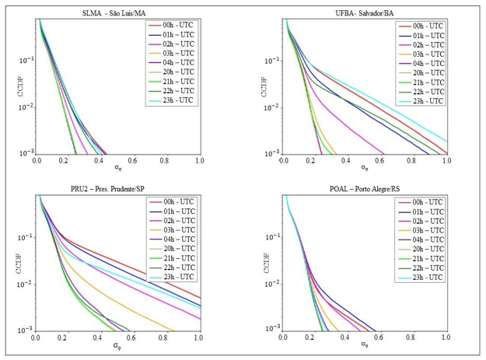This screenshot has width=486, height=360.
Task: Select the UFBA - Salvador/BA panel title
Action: [365, 11]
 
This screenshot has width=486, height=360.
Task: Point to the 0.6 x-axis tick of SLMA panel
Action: [134, 160]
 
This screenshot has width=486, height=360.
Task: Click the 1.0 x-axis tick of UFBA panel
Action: [446, 160]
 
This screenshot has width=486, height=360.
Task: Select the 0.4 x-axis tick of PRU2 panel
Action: [101, 338]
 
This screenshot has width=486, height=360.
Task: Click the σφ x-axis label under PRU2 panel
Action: [117, 347]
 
